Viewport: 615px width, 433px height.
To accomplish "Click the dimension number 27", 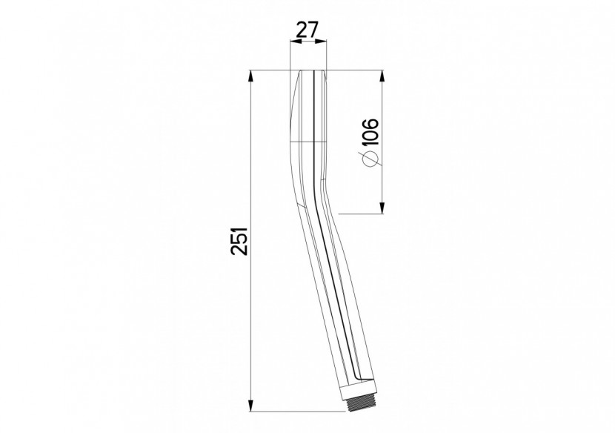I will pyautogui.click(x=307, y=31).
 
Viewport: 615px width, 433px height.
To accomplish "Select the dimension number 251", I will pyautogui.click(x=238, y=240).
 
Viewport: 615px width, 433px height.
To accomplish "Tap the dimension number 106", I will pyautogui.click(x=370, y=131).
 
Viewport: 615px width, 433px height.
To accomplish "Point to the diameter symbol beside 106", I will pyautogui.click(x=370, y=159).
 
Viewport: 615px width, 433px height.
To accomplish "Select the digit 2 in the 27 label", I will pyautogui.click(x=300, y=31).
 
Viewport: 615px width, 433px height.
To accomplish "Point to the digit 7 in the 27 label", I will pyautogui.click(x=315, y=31).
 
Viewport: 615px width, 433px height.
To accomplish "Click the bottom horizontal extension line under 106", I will pyautogui.click(x=359, y=214).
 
